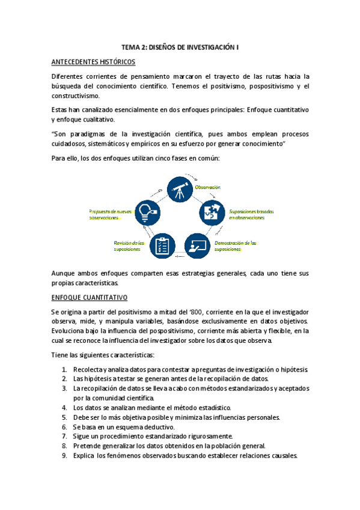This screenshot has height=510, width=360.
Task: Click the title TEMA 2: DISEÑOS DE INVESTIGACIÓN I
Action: [x=180, y=46]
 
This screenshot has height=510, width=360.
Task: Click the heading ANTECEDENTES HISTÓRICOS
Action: [x=93, y=62]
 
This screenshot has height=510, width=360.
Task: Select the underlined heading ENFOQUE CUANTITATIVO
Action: [x=88, y=298]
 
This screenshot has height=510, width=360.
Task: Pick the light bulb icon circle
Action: [x=147, y=213]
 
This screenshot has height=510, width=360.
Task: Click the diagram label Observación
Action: [x=207, y=188]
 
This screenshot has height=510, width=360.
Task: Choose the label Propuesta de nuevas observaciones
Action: [x=110, y=215]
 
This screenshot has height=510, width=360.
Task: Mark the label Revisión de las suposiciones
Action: [x=127, y=246]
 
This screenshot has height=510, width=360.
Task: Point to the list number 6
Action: [x=64, y=426]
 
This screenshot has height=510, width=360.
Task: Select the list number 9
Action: [x=64, y=455]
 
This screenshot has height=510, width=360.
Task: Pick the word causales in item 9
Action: [x=281, y=455]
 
